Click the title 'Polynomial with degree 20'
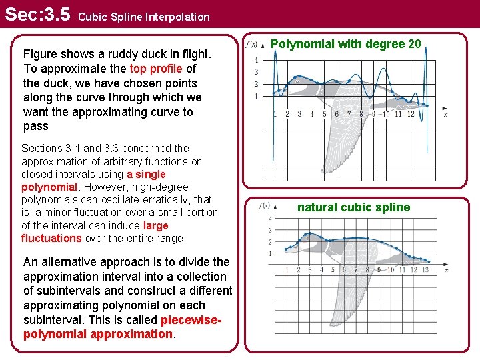click(x=346, y=44)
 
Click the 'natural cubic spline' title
click(x=353, y=207)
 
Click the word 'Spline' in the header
click(x=141, y=17)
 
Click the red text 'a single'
click(x=146, y=174)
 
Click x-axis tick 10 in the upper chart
click(x=385, y=114)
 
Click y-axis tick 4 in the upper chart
click(x=257, y=60)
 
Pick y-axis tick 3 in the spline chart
click(x=269, y=231)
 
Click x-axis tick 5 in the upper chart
click(x=325, y=114)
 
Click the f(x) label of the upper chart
click(x=252, y=45)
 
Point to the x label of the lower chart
click(x=445, y=270)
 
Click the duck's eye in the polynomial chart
click(x=298, y=81)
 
